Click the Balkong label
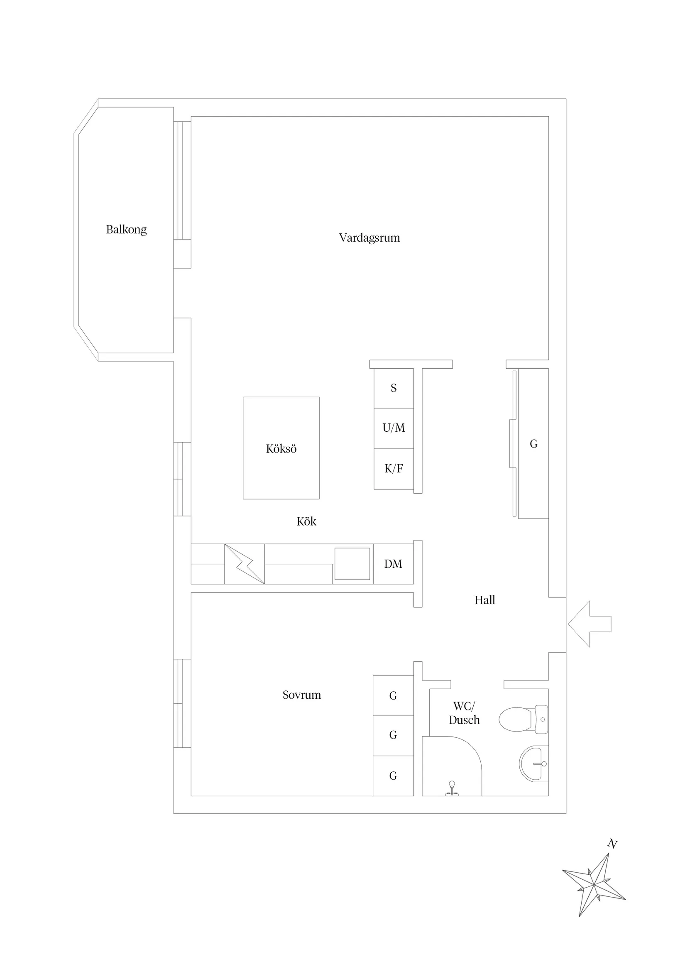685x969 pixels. click(x=126, y=230)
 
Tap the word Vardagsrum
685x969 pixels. click(x=369, y=237)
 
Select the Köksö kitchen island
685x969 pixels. click(x=281, y=448)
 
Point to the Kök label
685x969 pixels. click(x=306, y=521)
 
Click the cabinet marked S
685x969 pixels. click(x=394, y=388)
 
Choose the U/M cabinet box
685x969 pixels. click(x=394, y=428)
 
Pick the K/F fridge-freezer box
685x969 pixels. click(x=394, y=469)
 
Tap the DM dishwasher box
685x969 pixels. click(x=394, y=564)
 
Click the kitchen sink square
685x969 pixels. click(x=352, y=564)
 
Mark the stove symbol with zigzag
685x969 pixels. click(x=245, y=564)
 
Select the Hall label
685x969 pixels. click(x=484, y=600)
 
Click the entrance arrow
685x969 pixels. click(x=590, y=624)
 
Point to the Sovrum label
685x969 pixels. click(x=302, y=695)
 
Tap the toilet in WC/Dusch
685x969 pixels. click(x=524, y=719)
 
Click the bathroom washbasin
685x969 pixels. click(x=533, y=764)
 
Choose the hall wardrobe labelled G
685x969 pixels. click(x=533, y=443)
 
